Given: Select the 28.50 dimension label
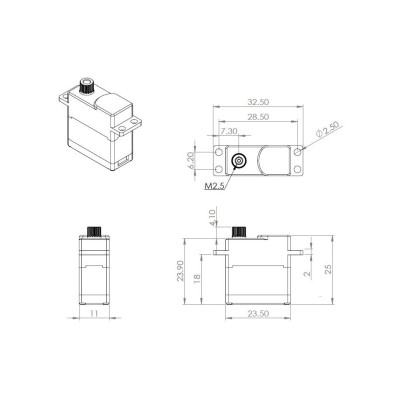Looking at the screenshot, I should click(258, 118).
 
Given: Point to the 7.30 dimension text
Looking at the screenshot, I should click(229, 131).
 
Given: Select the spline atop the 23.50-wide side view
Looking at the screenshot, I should click(239, 234).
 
